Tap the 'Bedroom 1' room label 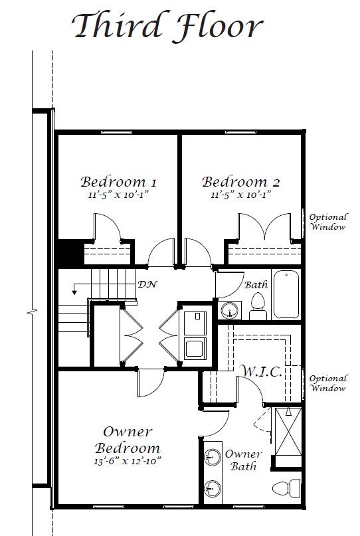point(118,182)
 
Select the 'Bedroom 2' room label point(240,182)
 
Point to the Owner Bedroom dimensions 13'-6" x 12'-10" point(127,461)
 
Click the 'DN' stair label point(147,284)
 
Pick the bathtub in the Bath point(286,294)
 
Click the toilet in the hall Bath point(258,307)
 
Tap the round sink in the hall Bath point(230,310)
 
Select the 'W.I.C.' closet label point(260,371)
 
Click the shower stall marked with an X point(288,431)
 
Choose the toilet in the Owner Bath point(286,488)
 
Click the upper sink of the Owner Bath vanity point(213,457)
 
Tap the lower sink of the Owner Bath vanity point(213,488)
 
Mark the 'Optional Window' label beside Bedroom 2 point(328,222)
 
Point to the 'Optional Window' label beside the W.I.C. point(328,383)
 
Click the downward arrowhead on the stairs point(74,292)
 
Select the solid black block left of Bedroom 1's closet point(70,252)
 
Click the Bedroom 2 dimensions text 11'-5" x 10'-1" point(240,195)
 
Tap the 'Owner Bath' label point(243,460)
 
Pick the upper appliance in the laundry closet point(195,323)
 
